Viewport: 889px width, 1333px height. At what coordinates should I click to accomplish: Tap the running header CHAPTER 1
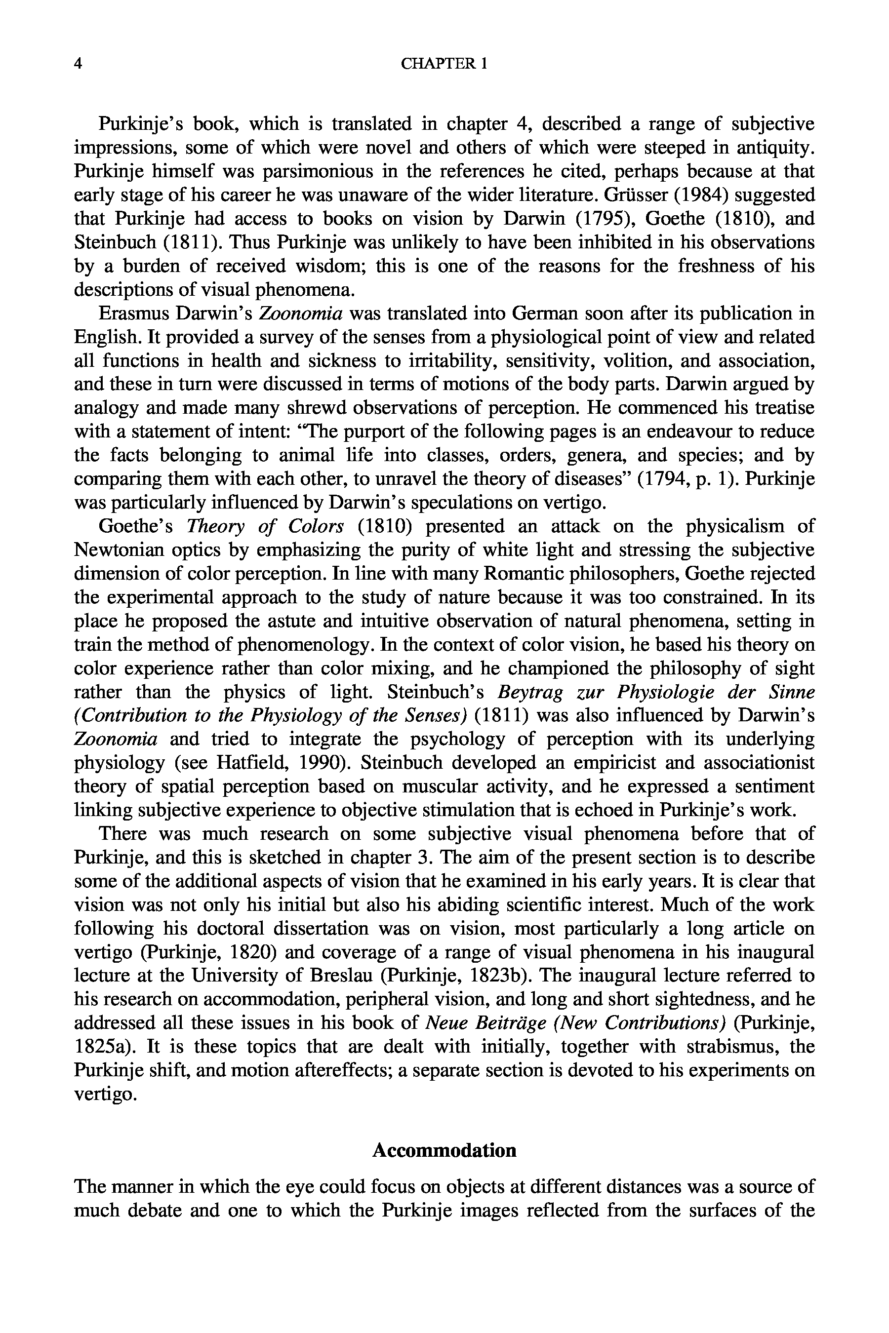444,64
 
